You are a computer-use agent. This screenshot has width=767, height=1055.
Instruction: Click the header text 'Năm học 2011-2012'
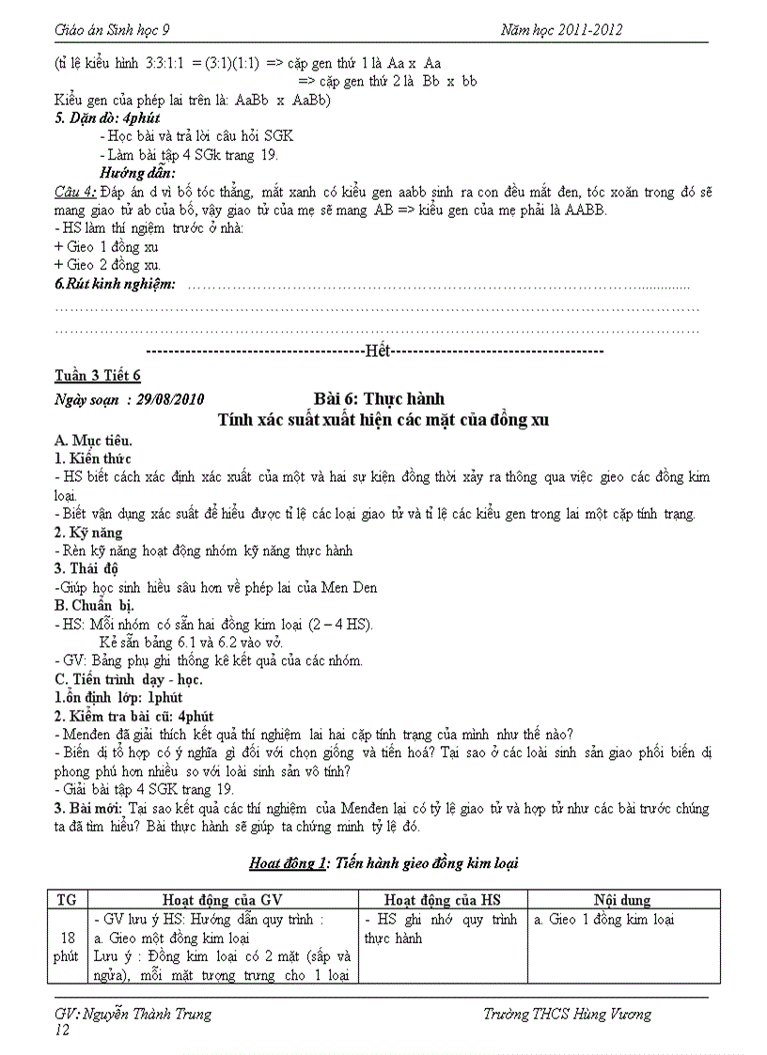tap(562, 30)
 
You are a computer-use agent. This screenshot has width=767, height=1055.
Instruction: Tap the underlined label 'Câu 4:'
tap(75, 193)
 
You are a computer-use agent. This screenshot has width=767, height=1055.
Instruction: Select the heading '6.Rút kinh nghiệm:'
tap(115, 284)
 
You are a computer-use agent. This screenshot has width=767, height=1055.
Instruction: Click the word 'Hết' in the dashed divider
tap(377, 350)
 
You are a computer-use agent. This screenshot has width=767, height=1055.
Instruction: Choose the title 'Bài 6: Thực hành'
tap(378, 398)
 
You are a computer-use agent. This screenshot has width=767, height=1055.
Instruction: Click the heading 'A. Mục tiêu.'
tap(93, 440)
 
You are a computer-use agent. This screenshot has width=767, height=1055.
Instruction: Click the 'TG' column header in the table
tap(67, 900)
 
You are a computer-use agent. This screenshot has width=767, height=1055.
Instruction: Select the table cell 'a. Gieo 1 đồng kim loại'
tap(603, 920)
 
